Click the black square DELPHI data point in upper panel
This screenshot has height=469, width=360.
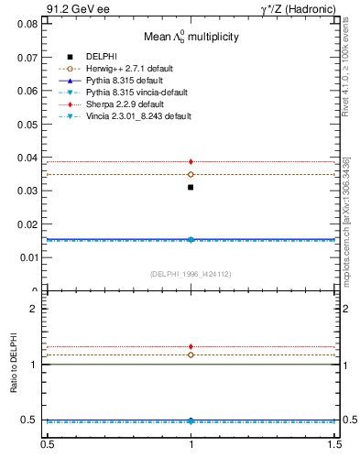tap(191, 187)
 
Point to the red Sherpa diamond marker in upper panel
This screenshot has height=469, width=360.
tap(191, 161)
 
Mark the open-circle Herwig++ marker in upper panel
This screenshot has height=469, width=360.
tap(191, 174)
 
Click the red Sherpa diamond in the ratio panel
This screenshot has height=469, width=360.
tap(191, 347)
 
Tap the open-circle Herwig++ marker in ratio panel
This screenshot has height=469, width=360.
tap(191, 354)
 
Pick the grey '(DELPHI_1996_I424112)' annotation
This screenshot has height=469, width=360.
tap(191, 273)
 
